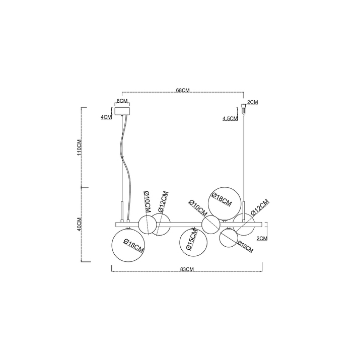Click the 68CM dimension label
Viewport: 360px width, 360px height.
183,90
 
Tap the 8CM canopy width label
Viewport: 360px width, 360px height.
122,101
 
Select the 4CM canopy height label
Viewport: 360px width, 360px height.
106,117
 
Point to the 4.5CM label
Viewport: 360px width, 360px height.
230,118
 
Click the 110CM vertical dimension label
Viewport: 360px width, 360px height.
79,148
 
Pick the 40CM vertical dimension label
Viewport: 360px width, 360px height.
79,224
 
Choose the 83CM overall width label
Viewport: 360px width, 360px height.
187,269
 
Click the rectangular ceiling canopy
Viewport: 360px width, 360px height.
122,111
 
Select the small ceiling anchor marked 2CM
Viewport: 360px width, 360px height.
244,108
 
